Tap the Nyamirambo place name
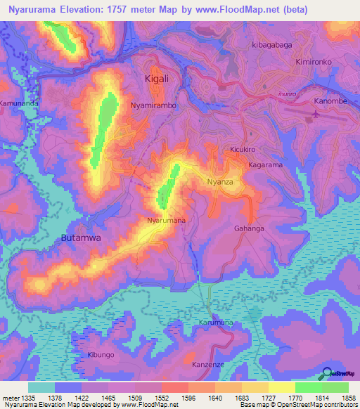click(x=153, y=105)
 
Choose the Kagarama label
click(x=265, y=164)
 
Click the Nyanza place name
click(x=219, y=182)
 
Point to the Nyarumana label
click(x=166, y=220)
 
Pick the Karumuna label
click(x=215, y=323)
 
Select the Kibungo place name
click(x=101, y=355)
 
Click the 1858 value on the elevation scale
click(x=349, y=398)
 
